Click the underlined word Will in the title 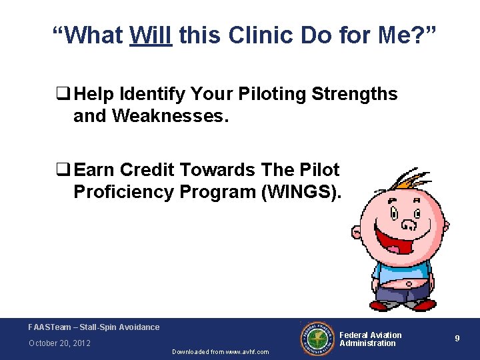coord(151,35)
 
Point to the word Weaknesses coord(170,117)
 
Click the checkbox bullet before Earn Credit coord(65,170)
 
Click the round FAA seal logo coord(317,338)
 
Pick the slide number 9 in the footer coord(457,339)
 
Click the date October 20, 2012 coord(59,343)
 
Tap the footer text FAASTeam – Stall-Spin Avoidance coord(94,327)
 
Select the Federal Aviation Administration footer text coord(371,339)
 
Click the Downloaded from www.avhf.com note coord(221,352)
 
